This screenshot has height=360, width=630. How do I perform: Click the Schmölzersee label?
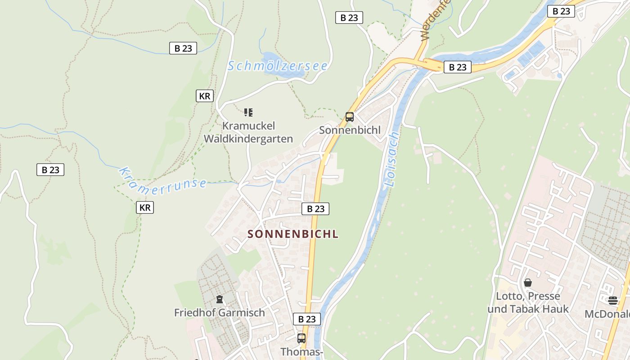click(x=277, y=66)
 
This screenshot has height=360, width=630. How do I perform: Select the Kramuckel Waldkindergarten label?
click(x=248, y=132)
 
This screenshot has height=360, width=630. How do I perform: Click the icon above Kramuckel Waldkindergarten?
click(x=248, y=112)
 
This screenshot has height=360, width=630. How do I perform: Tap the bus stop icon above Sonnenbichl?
click(x=350, y=117)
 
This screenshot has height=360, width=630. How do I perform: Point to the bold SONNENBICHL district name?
click(x=293, y=234)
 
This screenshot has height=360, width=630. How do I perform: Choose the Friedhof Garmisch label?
click(x=220, y=312)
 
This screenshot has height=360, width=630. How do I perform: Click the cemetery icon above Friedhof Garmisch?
click(x=220, y=299)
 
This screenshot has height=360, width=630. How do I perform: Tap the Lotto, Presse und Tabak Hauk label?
click(x=528, y=302)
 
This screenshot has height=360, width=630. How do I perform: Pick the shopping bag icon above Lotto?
click(x=528, y=283)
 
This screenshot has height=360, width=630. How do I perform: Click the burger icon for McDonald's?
click(x=613, y=301)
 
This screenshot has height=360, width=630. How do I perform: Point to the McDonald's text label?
click(x=607, y=314)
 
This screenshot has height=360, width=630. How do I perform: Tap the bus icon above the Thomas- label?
click(x=301, y=338)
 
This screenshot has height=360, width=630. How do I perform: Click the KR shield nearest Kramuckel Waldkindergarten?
click(x=204, y=96)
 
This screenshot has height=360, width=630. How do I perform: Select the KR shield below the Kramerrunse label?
click(x=145, y=207)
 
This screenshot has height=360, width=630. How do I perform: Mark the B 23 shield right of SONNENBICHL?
click(x=315, y=209)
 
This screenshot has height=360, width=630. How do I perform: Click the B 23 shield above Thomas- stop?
click(x=307, y=319)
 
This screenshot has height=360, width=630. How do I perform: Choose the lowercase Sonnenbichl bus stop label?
click(x=350, y=130)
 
